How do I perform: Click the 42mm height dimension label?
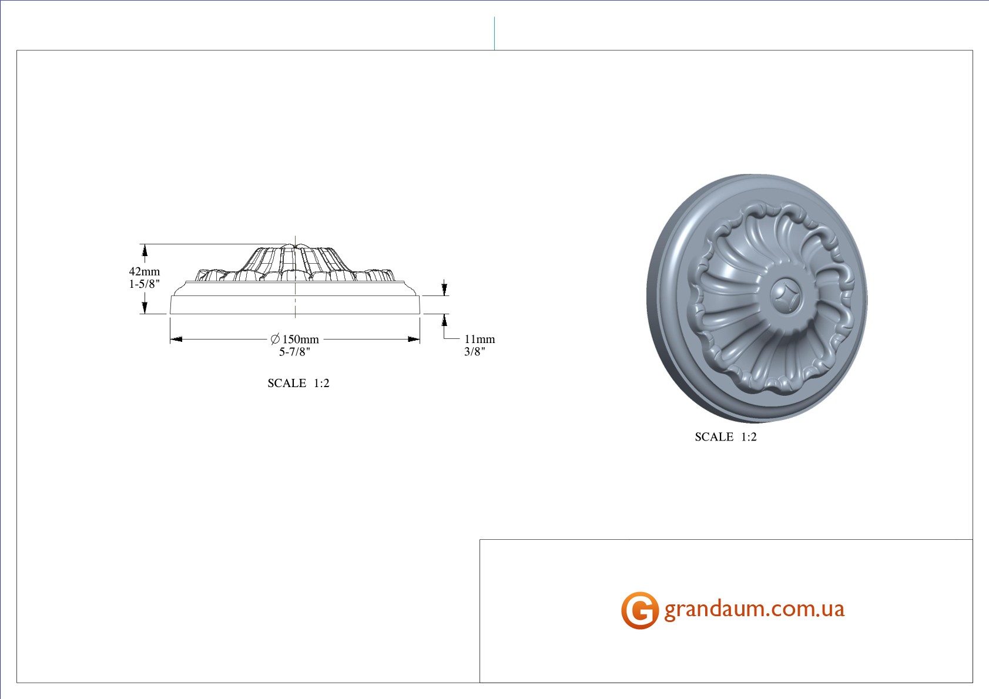(145, 271)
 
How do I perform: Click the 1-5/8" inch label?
(145, 284)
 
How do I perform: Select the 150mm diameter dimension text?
(300, 340)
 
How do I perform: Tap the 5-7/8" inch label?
(294, 352)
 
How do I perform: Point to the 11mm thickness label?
(480, 340)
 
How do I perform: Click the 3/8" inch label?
(475, 352)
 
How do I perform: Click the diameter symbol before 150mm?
(275, 339)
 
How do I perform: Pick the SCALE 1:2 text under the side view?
(299, 383)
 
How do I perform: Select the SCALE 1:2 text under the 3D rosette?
(726, 437)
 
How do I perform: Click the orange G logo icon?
(640, 610)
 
